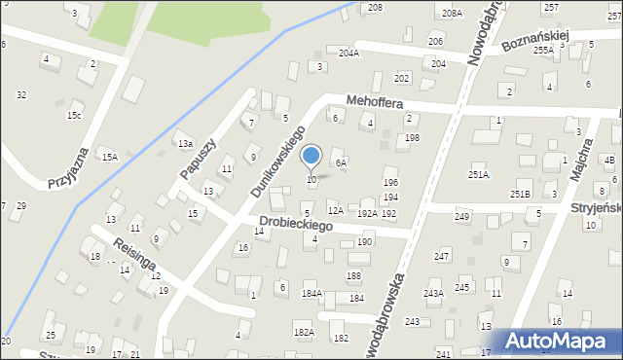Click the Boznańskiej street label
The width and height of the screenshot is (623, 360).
pyautogui.click(x=534, y=40)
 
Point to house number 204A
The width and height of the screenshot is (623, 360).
pyautogui.click(x=348, y=54)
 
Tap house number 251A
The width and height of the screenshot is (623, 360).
pyautogui.click(x=478, y=175)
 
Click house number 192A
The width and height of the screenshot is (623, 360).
pyautogui.click(x=367, y=213)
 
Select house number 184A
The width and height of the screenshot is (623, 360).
pyautogui.click(x=311, y=293)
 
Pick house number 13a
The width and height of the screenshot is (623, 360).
pyautogui.click(x=184, y=144)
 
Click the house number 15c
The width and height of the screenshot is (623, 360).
pyautogui.click(x=73, y=115)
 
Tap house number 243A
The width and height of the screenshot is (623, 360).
pyautogui.click(x=433, y=293)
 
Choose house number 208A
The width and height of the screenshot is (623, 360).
pyautogui.click(x=451, y=14)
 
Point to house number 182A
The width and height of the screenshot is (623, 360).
pyautogui.click(x=305, y=332)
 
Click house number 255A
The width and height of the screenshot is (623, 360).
pyautogui.click(x=543, y=49)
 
